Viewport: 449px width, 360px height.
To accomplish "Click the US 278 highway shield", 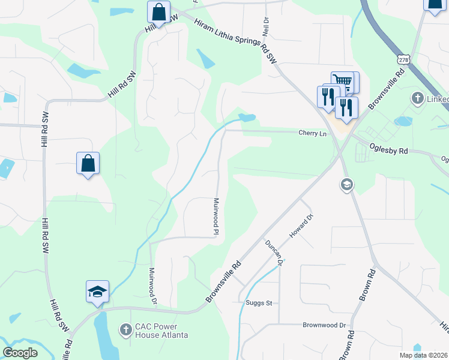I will [403, 59].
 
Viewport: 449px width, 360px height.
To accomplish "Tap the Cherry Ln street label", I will [312, 133].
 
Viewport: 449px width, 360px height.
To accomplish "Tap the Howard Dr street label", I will [301, 226].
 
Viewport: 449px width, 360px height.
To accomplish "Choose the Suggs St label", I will [259, 303].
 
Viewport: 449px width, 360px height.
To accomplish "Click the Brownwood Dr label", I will [325, 325].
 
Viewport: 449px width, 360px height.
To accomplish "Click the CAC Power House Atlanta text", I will [161, 331].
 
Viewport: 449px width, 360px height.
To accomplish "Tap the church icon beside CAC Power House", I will [125, 329].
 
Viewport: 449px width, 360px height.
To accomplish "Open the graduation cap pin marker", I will [97, 292].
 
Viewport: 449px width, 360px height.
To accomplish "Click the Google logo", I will [20, 353].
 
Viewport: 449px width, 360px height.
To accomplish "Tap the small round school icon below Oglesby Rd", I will [346, 185].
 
